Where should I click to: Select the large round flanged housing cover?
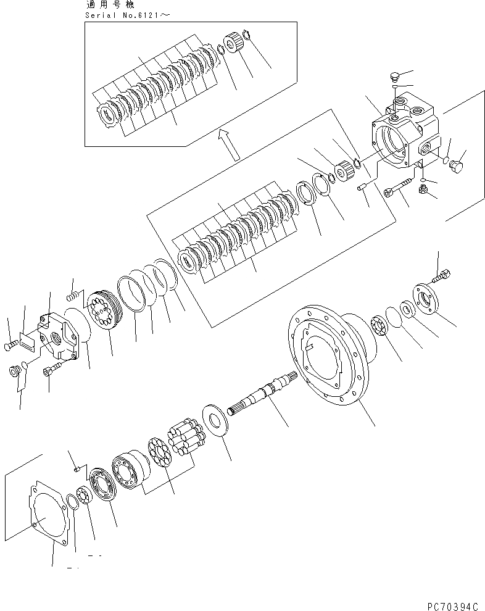pos(327,355)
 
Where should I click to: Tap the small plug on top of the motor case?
pos(396,77)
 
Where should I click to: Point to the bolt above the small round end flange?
pos(442,277)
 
